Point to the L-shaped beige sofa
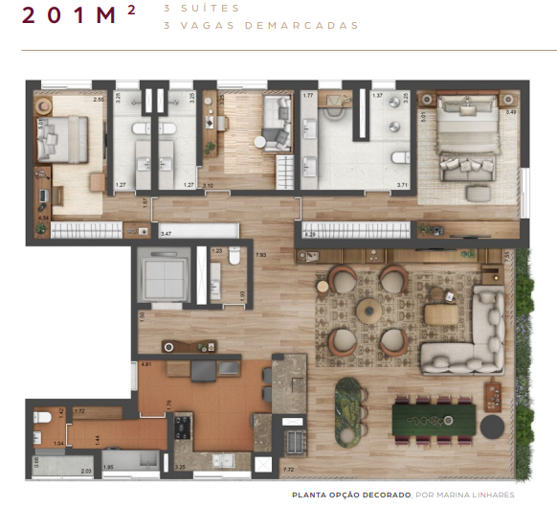click(x=469, y=335)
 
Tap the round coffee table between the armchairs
click(x=368, y=310)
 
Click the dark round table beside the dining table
click(x=493, y=426)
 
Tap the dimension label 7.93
click(x=260, y=254)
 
